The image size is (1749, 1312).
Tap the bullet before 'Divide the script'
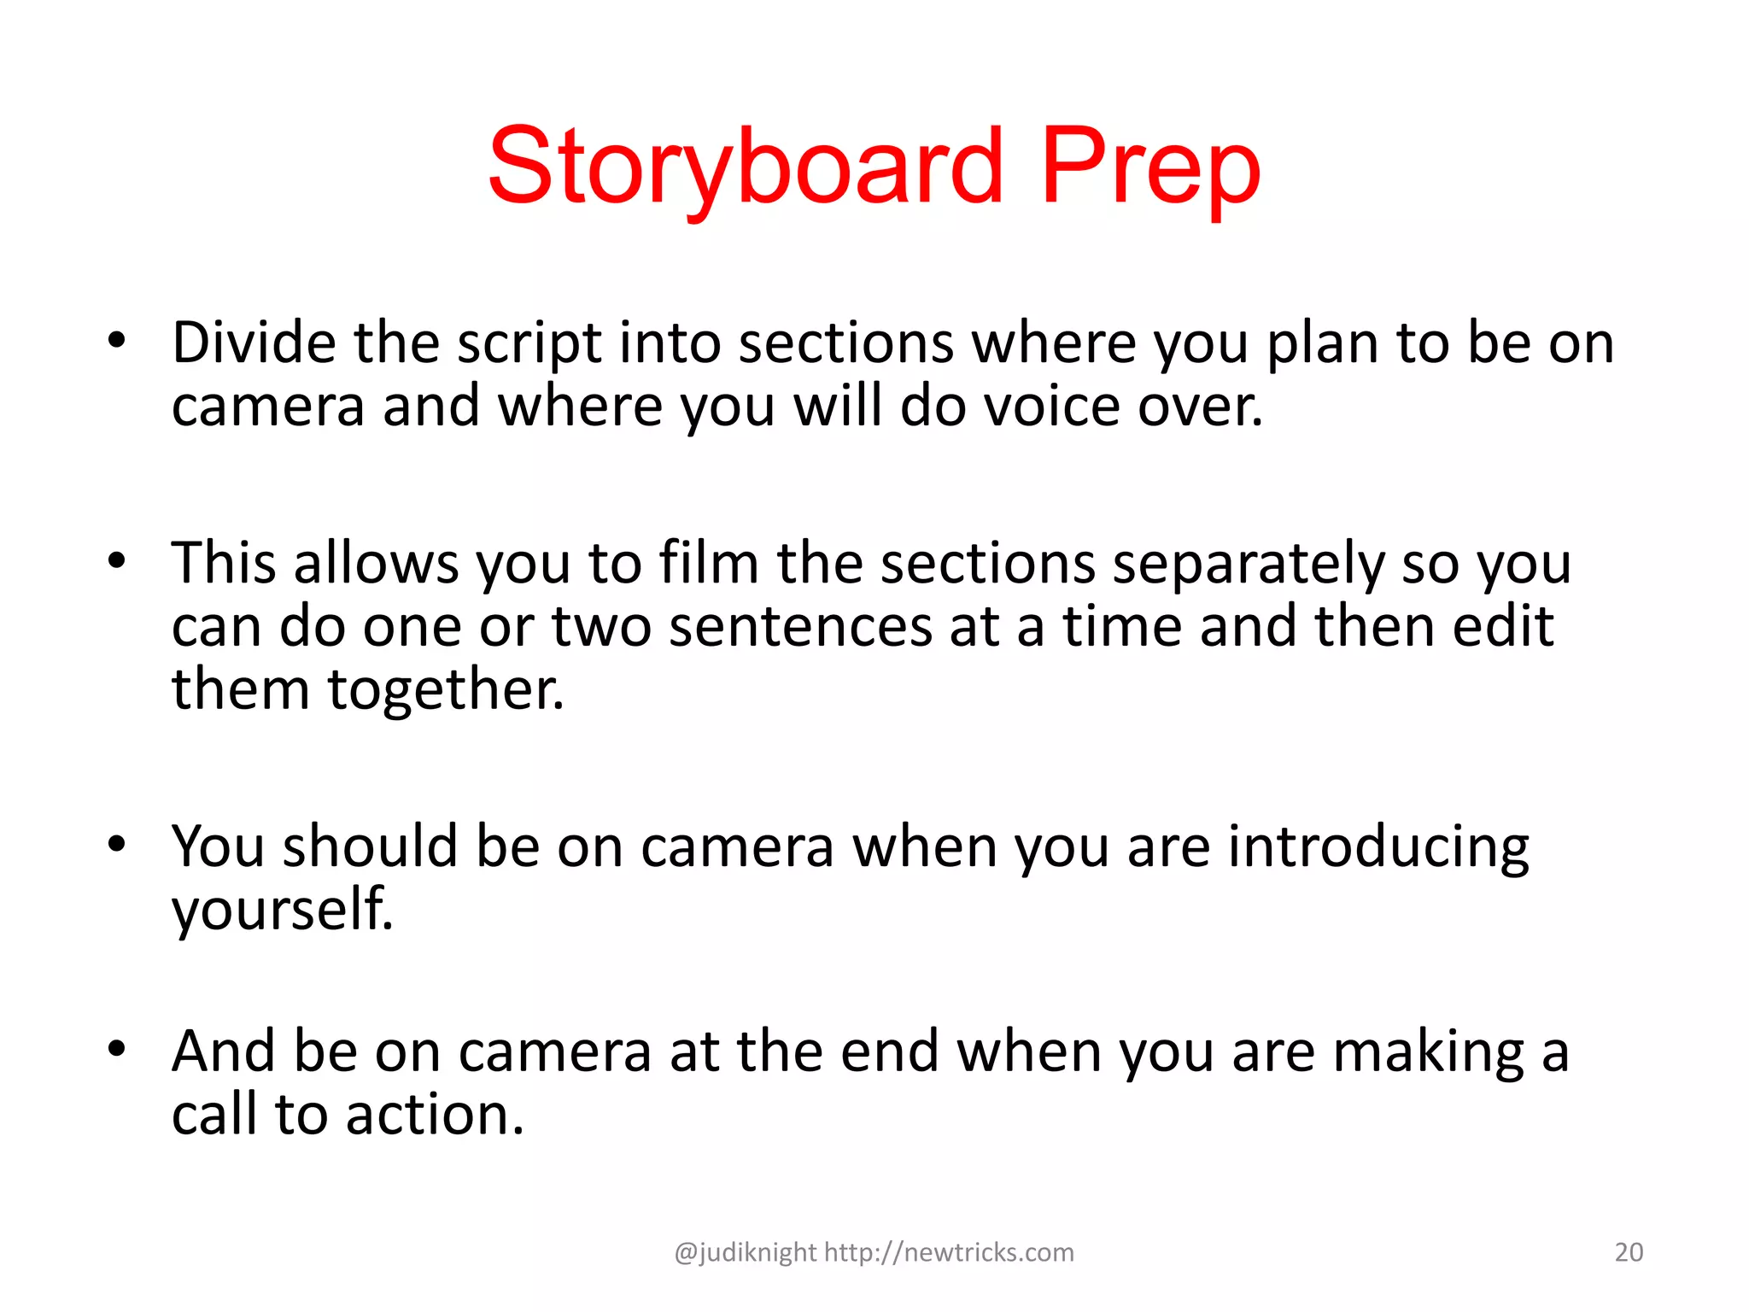(117, 341)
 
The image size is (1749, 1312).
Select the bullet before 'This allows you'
(117, 561)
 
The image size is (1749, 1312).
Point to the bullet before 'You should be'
(117, 844)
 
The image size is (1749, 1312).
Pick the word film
(708, 563)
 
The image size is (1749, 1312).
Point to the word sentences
(800, 626)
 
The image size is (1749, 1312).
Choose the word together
(445, 689)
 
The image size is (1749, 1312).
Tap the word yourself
(283, 909)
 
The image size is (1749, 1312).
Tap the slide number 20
(1629, 1252)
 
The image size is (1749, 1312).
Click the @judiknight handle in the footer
(745, 1252)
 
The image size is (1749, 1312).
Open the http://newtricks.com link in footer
(949, 1252)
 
